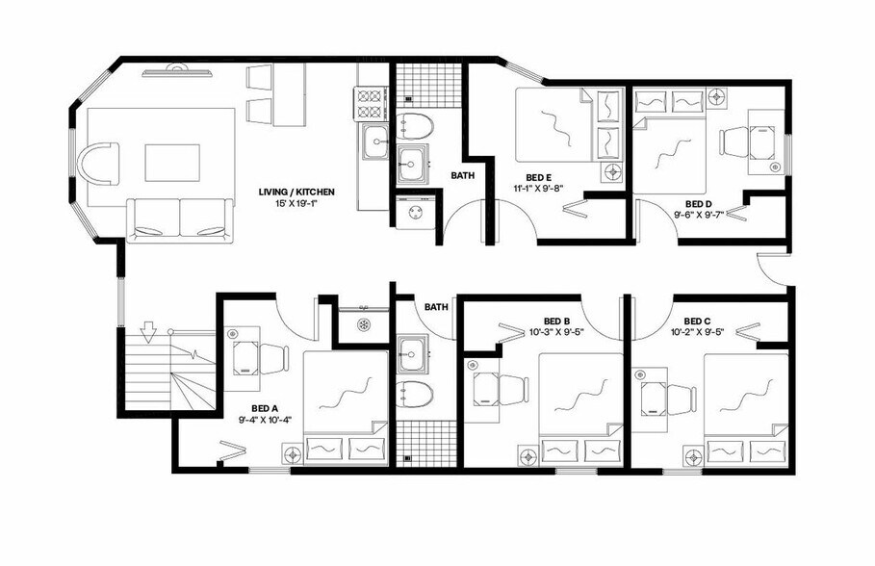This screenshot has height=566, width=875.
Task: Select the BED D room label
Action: [x=699, y=204]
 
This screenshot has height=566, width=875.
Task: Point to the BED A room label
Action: [x=265, y=407]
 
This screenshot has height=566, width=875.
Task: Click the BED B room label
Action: [x=557, y=321]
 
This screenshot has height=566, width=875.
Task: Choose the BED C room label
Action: [x=698, y=321]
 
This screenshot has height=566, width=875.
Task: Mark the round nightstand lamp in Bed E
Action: [x=612, y=172]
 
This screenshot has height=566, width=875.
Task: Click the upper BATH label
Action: [x=462, y=175]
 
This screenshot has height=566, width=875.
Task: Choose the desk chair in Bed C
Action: [x=682, y=396]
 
